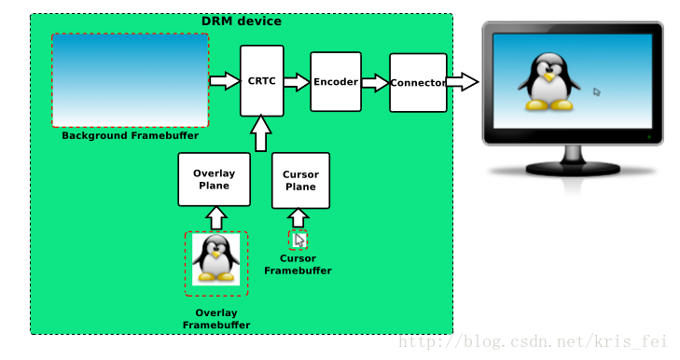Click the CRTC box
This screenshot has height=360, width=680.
[x=261, y=81]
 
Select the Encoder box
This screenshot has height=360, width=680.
[x=335, y=82]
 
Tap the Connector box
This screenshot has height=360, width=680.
[x=417, y=83]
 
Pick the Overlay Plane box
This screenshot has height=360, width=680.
[x=215, y=179]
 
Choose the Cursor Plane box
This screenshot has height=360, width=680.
[x=299, y=180]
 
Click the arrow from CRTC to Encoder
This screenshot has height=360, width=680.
[x=296, y=82]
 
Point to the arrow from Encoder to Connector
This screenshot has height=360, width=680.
[x=374, y=83]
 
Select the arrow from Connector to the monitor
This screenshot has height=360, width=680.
[x=462, y=83]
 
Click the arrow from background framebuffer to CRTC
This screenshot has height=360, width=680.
[x=224, y=81]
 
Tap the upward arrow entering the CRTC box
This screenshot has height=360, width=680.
[x=261, y=133]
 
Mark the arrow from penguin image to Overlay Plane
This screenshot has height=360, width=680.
[x=215, y=218]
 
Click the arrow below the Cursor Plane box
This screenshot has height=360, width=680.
[x=298, y=218]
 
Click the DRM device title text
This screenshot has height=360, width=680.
[x=241, y=21]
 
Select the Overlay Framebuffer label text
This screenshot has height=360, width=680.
[x=215, y=319]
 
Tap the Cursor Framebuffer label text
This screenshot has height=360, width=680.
[x=298, y=265]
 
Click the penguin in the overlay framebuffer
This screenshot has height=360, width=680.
[x=215, y=258]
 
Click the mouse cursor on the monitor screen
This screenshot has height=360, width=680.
[x=597, y=92]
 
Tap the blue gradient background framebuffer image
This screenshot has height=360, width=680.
[x=130, y=80]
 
